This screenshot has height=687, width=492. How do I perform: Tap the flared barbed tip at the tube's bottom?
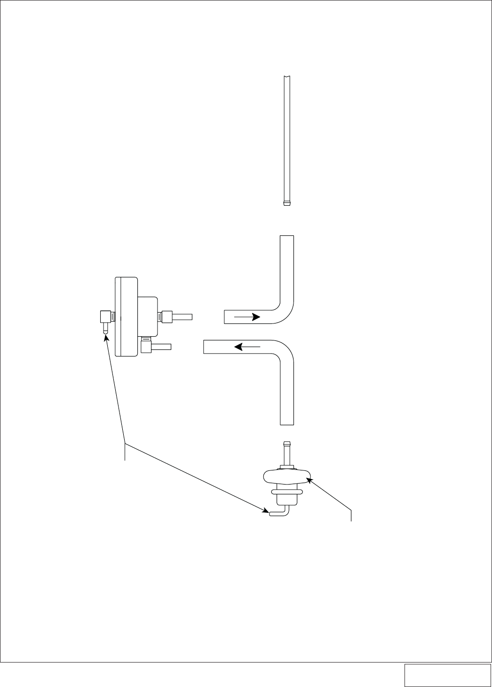pyautogui.click(x=286, y=203)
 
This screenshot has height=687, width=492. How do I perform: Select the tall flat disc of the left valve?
pyautogui.click(x=127, y=316)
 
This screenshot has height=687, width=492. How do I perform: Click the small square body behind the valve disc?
pyautogui.click(x=148, y=316)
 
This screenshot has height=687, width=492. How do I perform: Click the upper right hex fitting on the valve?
pyautogui.click(x=167, y=316)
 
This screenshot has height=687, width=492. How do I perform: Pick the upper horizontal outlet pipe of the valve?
pyautogui.click(x=183, y=316)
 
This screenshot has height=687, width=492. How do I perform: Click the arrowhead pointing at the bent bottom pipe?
pyautogui.click(x=267, y=511)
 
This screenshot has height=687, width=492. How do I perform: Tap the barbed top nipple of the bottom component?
pyautogui.click(x=286, y=452)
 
